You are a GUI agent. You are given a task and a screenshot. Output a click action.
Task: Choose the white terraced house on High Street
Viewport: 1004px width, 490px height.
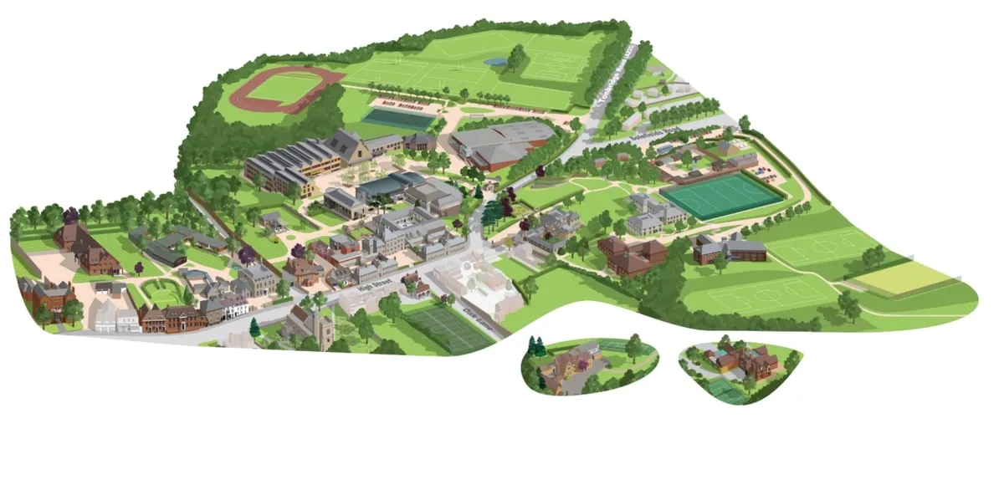234,307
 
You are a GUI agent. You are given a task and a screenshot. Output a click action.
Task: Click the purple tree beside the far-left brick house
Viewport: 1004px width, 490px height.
71,216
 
